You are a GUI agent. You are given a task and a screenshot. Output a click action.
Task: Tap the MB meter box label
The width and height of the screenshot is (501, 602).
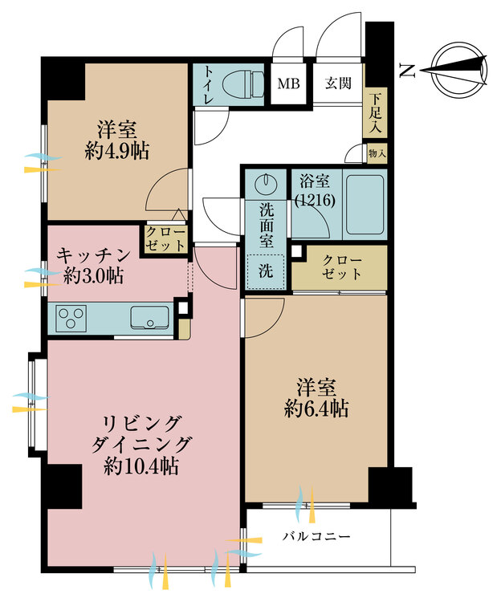click(288, 83)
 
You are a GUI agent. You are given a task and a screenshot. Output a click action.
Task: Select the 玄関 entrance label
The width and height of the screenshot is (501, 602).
click(338, 83)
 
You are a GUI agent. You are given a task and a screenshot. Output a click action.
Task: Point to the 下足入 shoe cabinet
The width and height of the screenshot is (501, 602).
click(375, 113)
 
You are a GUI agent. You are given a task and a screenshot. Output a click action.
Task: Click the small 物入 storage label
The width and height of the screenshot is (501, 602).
click(377, 154)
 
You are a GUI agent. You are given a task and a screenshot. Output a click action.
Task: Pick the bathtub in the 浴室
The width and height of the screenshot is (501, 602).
click(365, 205)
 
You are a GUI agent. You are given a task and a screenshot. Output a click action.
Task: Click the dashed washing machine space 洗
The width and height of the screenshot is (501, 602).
click(266, 271)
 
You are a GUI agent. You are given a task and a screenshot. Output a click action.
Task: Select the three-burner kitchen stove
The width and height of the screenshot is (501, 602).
click(71, 319)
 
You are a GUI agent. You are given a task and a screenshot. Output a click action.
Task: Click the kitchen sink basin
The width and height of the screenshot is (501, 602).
click(149, 318)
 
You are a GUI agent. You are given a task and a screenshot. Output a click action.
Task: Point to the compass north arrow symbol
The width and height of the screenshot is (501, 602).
click(458, 71)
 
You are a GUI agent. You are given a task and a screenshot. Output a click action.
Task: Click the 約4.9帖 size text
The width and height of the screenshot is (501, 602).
click(116, 151)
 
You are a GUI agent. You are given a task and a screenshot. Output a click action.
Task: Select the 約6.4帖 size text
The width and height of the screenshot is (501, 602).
click(316, 409)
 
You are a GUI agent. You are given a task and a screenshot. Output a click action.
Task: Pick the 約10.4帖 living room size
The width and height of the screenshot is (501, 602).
click(141, 466)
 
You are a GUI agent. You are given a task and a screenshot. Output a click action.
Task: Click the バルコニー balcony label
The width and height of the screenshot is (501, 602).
click(316, 535)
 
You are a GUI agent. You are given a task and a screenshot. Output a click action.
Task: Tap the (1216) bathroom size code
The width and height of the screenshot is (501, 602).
click(315, 200)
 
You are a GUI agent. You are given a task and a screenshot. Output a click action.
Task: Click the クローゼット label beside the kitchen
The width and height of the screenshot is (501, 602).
click(166, 238)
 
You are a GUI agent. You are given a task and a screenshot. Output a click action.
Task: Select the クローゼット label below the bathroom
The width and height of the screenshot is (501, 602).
click(342, 266)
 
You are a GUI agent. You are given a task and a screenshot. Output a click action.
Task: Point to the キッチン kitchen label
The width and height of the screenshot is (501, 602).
click(94, 254)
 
